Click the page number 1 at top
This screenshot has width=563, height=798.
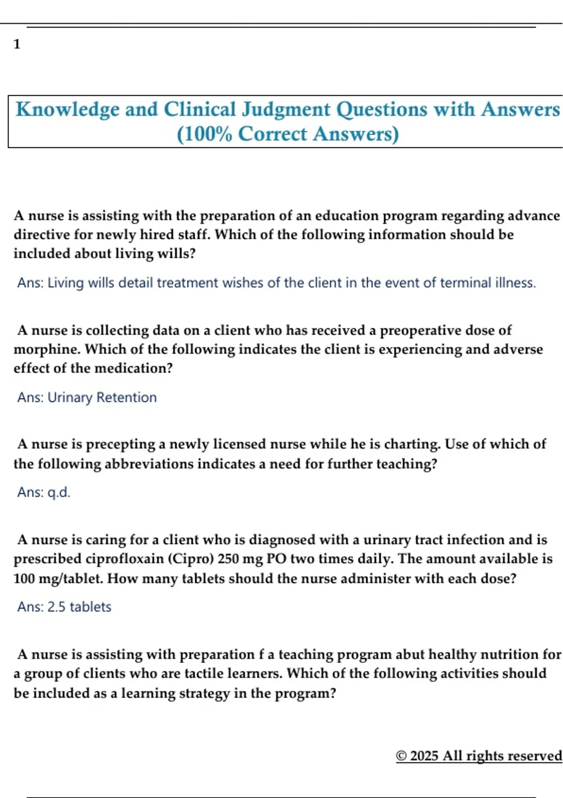17,44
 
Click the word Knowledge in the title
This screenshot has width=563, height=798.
68,109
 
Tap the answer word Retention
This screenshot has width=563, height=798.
126,398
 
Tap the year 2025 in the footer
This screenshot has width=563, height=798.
424,756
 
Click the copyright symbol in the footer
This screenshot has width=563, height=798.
401,756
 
